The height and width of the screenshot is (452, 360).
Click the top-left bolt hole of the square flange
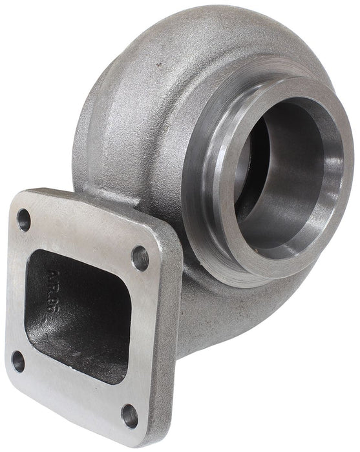(24, 220)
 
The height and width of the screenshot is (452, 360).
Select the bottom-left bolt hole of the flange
(17, 362)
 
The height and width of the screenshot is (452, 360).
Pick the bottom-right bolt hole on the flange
(130, 416)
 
